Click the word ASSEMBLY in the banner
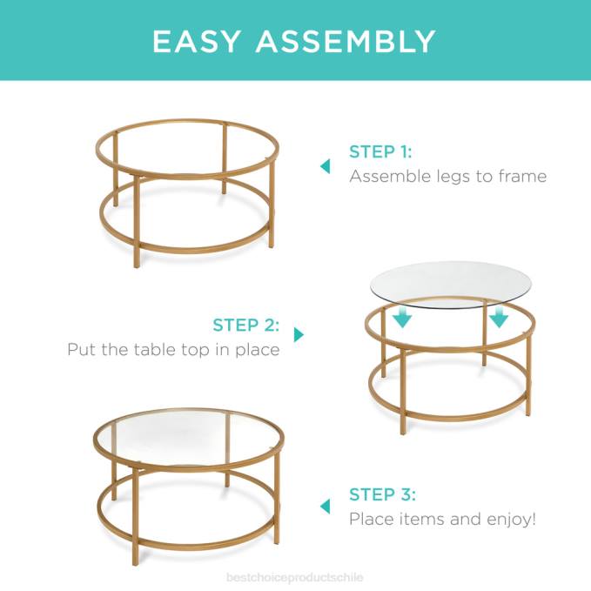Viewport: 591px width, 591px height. [x=346, y=41]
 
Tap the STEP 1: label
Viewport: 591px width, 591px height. [x=380, y=151]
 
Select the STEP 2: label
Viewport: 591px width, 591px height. [x=246, y=326]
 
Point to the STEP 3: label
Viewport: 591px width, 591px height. [x=382, y=494]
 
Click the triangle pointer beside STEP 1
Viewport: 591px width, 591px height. [x=325, y=165]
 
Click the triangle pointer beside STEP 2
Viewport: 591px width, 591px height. [x=299, y=334]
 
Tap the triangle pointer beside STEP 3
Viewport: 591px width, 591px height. [x=325, y=506]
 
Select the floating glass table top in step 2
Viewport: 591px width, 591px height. [x=450, y=283]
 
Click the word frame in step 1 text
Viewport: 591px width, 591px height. [x=520, y=177]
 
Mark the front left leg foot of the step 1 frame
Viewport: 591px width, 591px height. [x=136, y=264]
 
